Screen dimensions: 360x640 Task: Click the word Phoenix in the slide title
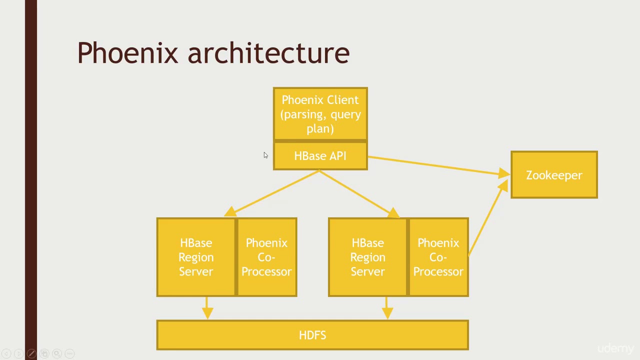[127, 53]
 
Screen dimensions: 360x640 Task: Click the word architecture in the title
[268, 53]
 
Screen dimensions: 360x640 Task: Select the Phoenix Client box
[320, 114]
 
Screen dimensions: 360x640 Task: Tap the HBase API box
[320, 156]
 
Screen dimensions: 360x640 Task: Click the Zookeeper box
[554, 175]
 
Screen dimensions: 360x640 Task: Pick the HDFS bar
[312, 335]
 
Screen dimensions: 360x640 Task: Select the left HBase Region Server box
[196, 257]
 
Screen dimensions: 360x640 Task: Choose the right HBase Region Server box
[367, 257]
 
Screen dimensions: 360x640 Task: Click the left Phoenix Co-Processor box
[266, 257]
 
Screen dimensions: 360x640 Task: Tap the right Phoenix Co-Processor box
[438, 257]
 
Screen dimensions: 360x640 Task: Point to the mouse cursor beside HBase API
[265, 155]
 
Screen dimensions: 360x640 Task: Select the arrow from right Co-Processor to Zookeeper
[487, 218]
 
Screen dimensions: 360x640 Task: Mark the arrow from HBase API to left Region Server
[275, 192]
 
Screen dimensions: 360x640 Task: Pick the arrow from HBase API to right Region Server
[357, 192]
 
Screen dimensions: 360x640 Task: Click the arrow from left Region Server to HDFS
[207, 307]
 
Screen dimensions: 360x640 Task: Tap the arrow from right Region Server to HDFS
[386, 307]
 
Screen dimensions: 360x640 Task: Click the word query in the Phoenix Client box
[345, 114]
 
